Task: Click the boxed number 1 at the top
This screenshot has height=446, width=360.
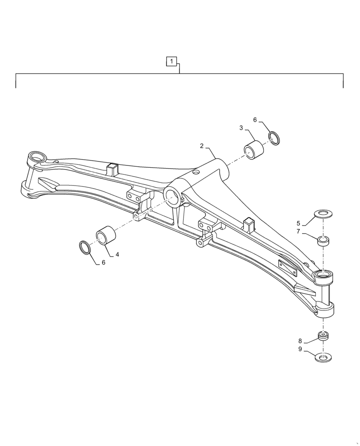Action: tap(172, 61)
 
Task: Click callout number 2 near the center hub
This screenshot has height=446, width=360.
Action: tap(202, 146)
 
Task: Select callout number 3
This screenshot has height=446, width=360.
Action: tap(241, 128)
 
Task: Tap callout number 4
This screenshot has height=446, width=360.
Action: tap(117, 255)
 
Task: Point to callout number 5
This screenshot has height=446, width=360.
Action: tap(299, 223)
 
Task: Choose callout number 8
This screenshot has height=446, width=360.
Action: tap(300, 340)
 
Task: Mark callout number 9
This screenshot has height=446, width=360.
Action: tap(300, 349)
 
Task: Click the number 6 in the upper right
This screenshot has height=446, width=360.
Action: tap(255, 120)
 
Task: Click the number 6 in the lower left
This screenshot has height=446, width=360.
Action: tap(103, 263)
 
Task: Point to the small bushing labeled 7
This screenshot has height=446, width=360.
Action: tap(324, 241)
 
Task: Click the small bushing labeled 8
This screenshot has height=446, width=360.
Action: tap(324, 336)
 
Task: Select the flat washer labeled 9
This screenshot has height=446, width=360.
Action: tap(323, 357)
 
